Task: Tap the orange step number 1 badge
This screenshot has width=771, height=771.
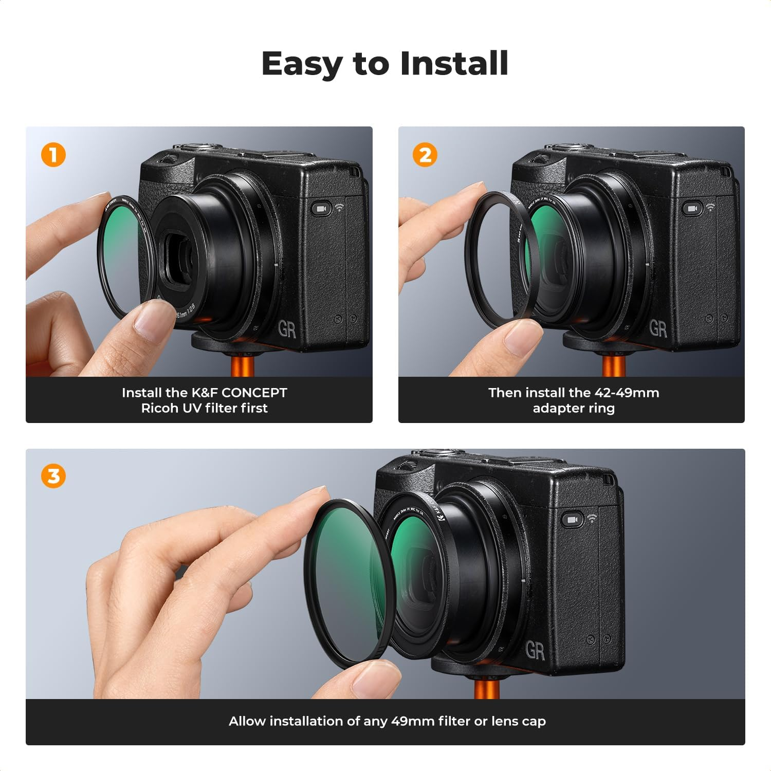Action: [53, 154]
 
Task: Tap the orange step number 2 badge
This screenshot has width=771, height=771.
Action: [425, 154]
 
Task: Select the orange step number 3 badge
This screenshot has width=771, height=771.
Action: [53, 476]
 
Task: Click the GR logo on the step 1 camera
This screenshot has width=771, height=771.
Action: [287, 329]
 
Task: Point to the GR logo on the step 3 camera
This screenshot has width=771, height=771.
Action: [535, 651]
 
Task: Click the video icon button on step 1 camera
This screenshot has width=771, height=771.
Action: [321, 209]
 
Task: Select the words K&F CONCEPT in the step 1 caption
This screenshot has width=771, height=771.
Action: [239, 393]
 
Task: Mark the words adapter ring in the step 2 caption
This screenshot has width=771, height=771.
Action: [573, 408]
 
